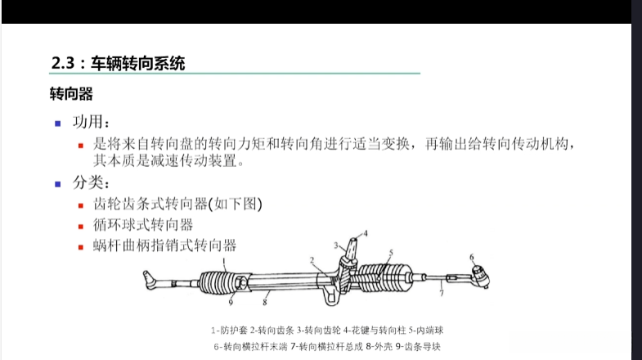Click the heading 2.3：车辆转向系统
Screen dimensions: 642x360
pyautogui.click(x=118, y=64)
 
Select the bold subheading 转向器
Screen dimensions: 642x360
pyautogui.click(x=71, y=94)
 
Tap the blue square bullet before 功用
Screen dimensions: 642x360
pyautogui.click(x=58, y=124)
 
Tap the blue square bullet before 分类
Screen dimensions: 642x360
pyautogui.click(x=58, y=184)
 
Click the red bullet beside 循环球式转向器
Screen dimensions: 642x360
pyautogui.click(x=81, y=227)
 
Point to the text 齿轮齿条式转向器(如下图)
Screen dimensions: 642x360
pyautogui.click(x=177, y=204)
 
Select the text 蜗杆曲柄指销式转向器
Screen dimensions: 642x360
pyautogui.click(x=164, y=245)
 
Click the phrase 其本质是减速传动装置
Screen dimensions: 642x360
pyautogui.click(x=165, y=160)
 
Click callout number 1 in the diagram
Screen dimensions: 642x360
pyautogui.click(x=224, y=260)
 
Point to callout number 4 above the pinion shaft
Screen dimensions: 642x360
pyautogui.click(x=366, y=233)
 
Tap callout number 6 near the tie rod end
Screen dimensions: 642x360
pyautogui.click(x=472, y=257)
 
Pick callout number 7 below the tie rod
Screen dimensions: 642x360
pyautogui.click(x=442, y=293)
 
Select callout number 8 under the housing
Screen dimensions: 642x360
pyautogui.click(x=265, y=302)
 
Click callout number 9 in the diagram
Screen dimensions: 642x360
pyautogui.click(x=231, y=302)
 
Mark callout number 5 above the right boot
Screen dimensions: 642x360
pyautogui.click(x=391, y=253)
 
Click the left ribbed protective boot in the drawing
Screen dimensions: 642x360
pyautogui.click(x=219, y=282)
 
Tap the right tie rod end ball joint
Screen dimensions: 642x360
pyautogui.click(x=480, y=277)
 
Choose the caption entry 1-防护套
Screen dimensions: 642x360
pyautogui.click(x=229, y=330)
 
